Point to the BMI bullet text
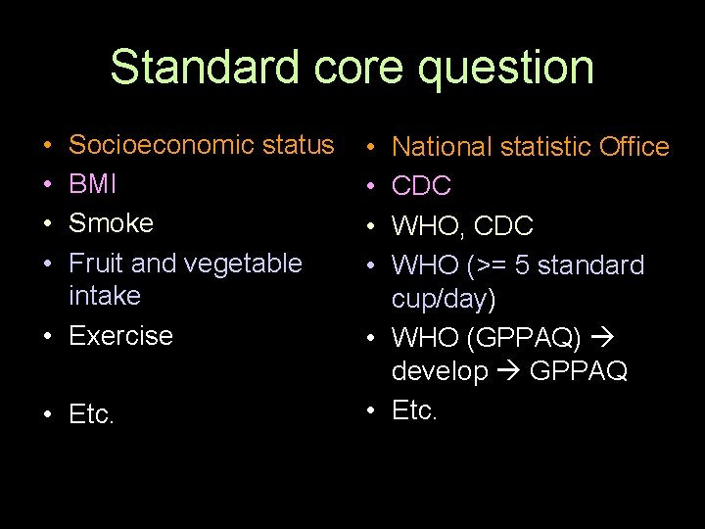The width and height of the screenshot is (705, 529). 94,184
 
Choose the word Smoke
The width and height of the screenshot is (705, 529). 111,223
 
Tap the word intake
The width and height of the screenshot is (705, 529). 104,295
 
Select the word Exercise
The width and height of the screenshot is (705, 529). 120,335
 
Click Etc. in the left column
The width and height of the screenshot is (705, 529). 91,415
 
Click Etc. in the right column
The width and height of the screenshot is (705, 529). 414,410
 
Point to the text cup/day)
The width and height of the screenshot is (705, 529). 444,298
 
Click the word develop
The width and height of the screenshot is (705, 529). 440,372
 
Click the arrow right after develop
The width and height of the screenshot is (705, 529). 505,372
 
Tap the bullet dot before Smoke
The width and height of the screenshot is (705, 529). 47,223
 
